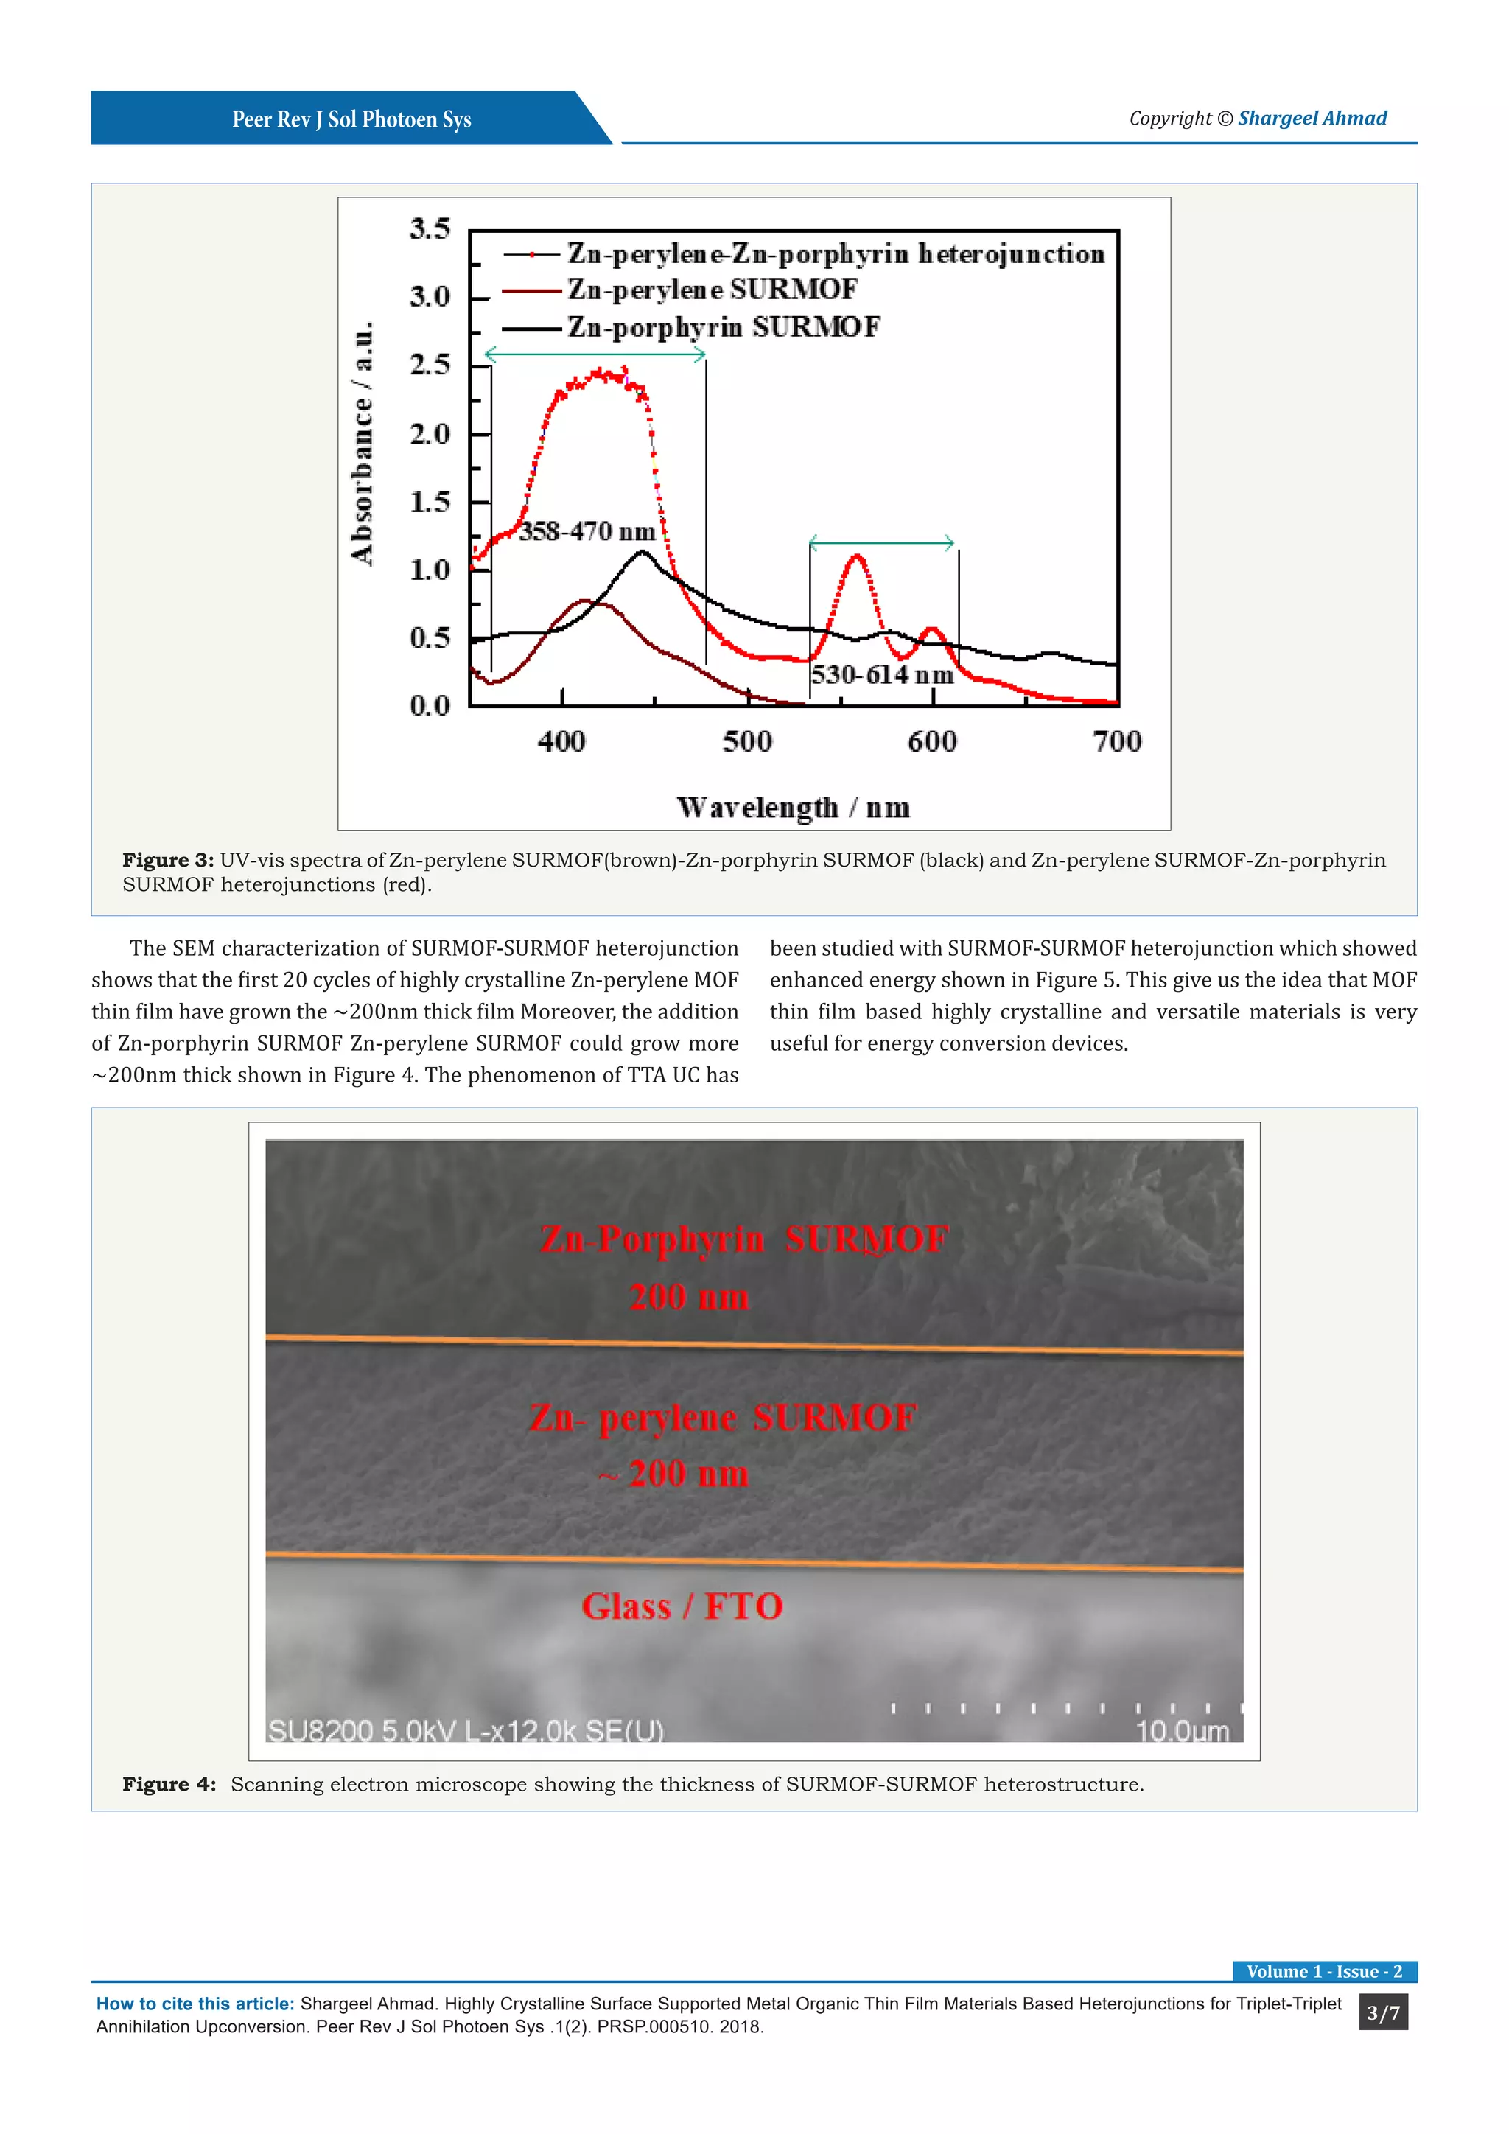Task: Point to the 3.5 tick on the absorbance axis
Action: pos(430,228)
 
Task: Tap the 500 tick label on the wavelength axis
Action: pos(747,742)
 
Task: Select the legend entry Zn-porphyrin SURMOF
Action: pos(723,327)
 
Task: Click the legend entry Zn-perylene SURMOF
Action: pos(712,290)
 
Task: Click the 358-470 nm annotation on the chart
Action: pos(587,531)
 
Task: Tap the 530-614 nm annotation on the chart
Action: pos(882,675)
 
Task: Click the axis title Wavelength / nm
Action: pos(793,807)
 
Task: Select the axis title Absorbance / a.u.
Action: pos(363,444)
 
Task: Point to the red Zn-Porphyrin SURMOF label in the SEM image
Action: pos(743,1239)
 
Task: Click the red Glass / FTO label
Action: pos(682,1606)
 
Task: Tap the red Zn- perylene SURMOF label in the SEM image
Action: pos(723,1418)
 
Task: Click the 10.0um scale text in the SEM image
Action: pos(1182,1731)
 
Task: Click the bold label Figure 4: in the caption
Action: pos(169,1785)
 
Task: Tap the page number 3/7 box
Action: pos(1382,2013)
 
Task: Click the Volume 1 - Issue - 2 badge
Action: pos(1323,1971)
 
